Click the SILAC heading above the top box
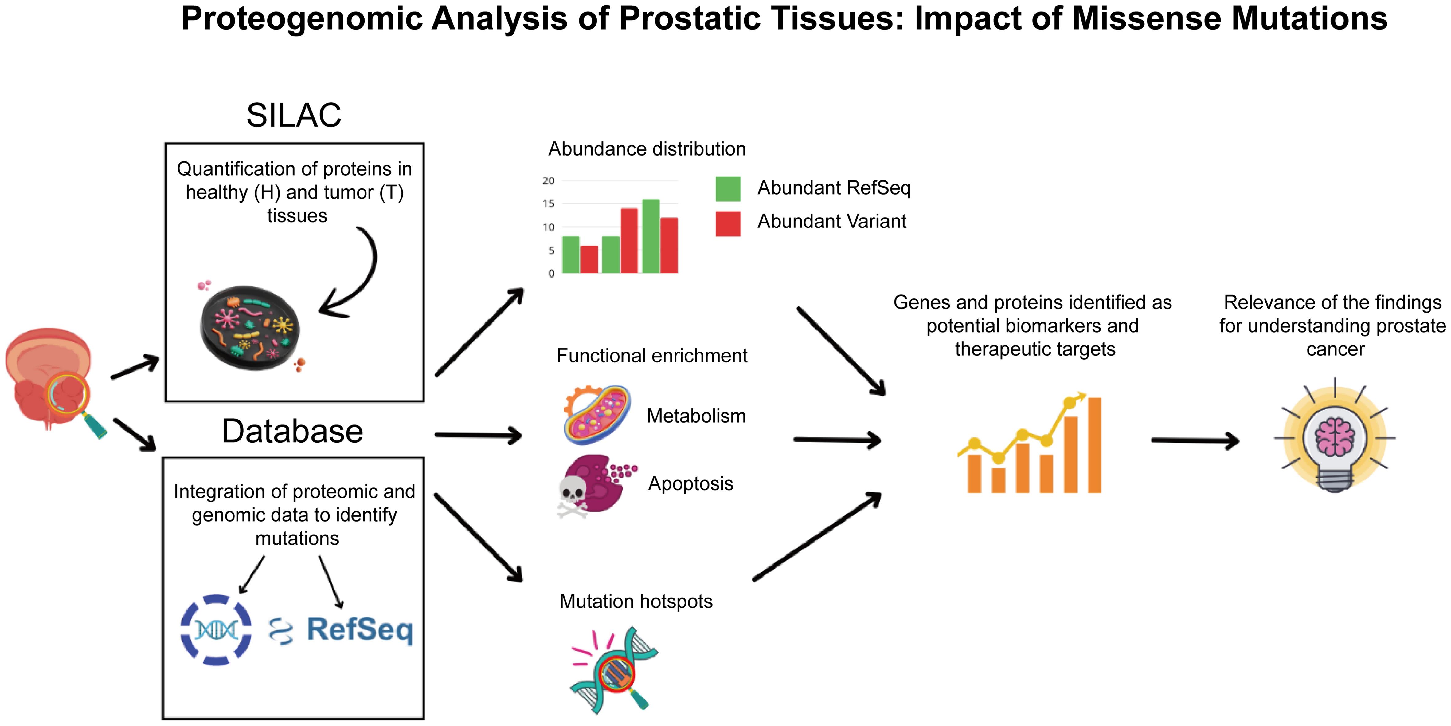(x=293, y=116)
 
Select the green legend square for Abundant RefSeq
(x=728, y=189)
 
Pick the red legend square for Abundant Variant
(x=728, y=223)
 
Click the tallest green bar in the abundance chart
(x=651, y=237)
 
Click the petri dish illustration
(x=249, y=328)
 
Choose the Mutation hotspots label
(x=636, y=602)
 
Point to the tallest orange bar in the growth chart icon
(x=1094, y=445)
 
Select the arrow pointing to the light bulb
(x=1194, y=440)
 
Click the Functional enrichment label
(x=652, y=356)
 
